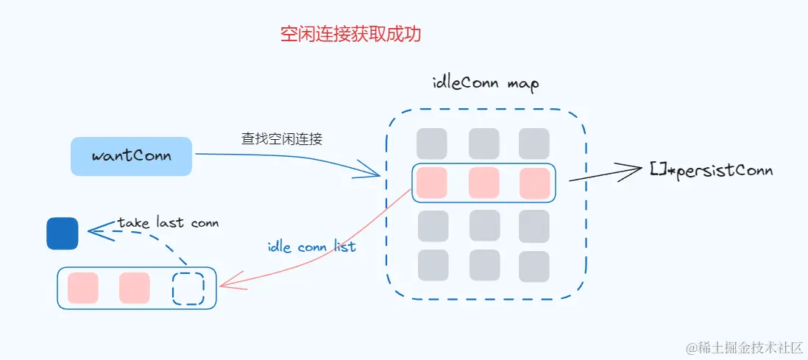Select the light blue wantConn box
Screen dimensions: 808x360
coord(131,156)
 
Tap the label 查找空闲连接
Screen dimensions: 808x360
coord(281,138)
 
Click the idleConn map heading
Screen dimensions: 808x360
coord(485,82)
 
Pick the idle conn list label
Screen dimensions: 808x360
coord(311,247)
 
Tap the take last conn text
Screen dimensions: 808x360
coord(169,222)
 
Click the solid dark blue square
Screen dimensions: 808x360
coord(63,233)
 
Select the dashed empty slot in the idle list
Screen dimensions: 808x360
coord(188,289)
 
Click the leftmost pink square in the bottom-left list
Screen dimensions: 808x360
coord(82,288)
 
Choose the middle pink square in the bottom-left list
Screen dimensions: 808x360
coord(135,288)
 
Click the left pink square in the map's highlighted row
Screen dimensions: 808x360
coord(431,183)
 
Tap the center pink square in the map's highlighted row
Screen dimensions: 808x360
coord(483,183)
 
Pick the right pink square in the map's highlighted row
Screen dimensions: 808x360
coord(535,183)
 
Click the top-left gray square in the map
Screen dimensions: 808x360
coord(431,144)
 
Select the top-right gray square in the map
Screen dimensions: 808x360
coord(534,144)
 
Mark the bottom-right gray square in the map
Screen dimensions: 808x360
coord(534,267)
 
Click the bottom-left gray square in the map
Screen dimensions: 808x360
coord(433,265)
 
